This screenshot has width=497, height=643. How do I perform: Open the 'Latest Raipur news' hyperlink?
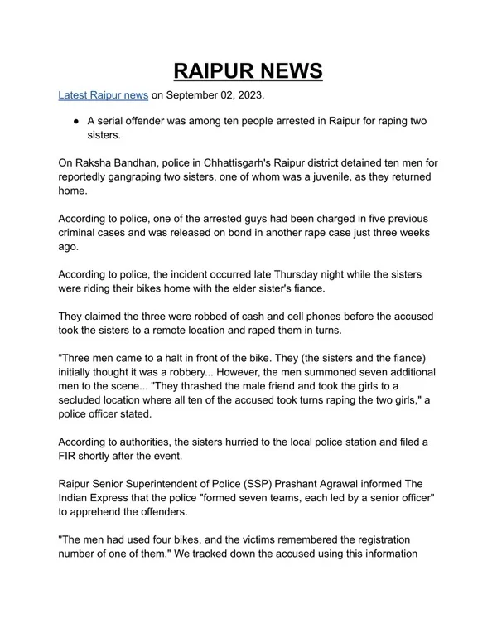click(x=103, y=96)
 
